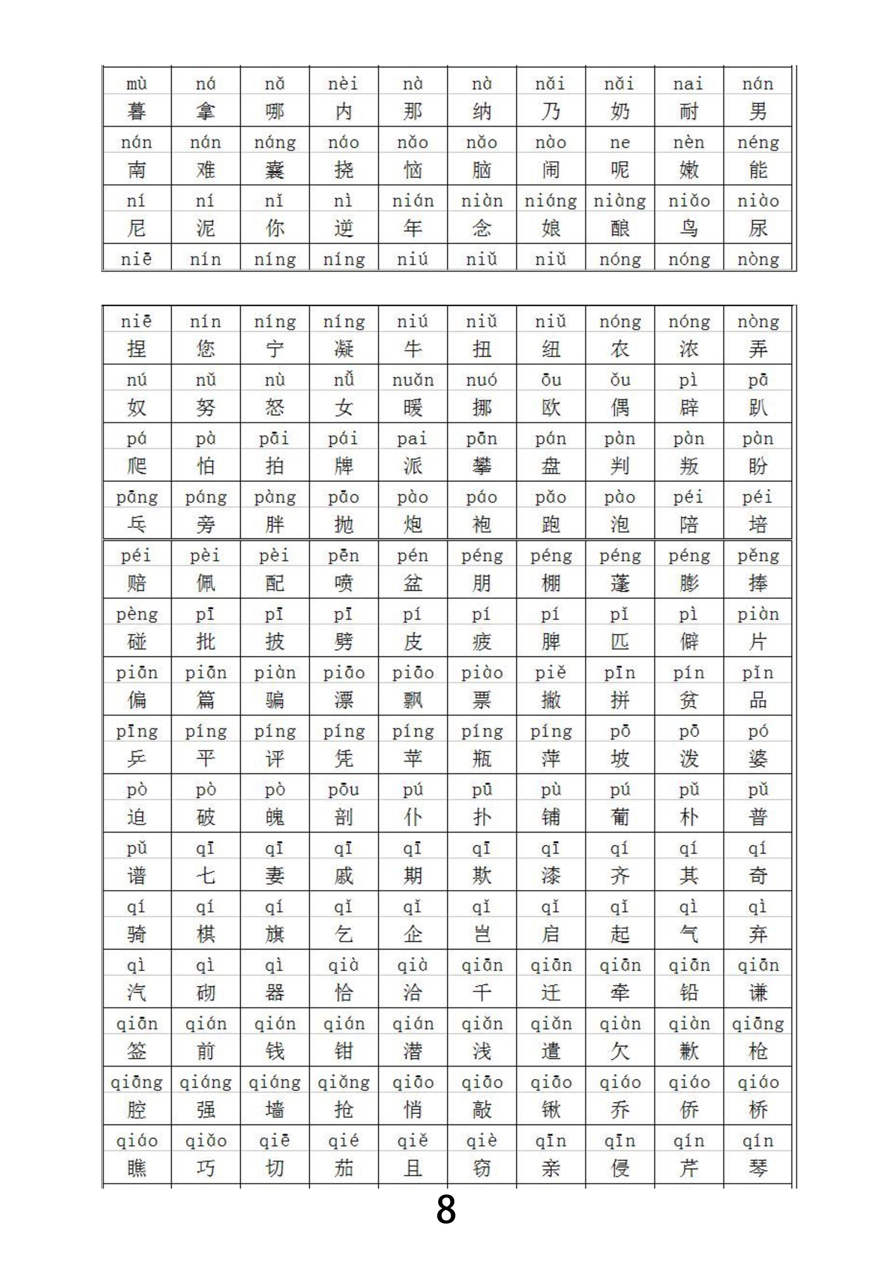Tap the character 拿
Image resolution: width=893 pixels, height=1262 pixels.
click(x=206, y=112)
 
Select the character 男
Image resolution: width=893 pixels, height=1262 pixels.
click(x=758, y=112)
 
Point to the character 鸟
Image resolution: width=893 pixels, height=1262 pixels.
click(x=688, y=228)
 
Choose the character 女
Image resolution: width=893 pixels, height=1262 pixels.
click(x=344, y=408)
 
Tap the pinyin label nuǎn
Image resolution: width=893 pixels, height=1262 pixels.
click(x=413, y=380)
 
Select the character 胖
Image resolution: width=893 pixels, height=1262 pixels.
click(x=274, y=525)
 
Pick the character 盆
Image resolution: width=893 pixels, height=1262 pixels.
click(x=413, y=583)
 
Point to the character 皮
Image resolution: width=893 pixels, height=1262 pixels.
click(x=413, y=642)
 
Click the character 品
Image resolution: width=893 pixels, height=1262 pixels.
click(x=758, y=700)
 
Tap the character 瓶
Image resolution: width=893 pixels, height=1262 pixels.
click(x=482, y=759)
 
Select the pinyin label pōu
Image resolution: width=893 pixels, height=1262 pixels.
click(x=344, y=790)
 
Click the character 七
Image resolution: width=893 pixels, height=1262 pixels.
click(x=206, y=875)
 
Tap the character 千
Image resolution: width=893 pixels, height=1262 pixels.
click(x=482, y=993)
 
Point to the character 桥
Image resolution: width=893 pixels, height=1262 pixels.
click(x=758, y=1110)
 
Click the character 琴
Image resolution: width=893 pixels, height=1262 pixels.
click(x=758, y=1168)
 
